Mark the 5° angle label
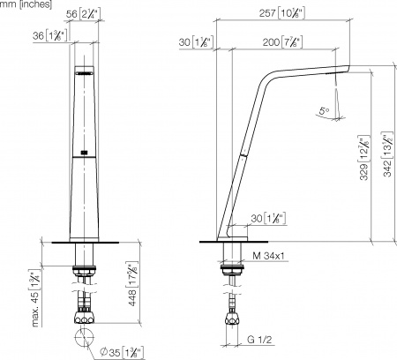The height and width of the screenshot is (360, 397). pyautogui.click(x=323, y=112)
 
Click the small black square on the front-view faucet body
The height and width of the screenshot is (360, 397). pyautogui.click(x=85, y=153)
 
